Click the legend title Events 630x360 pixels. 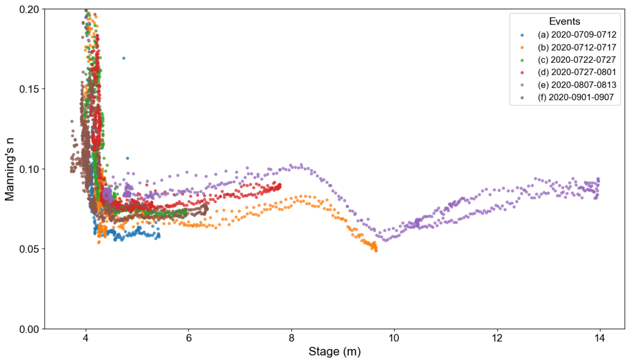pos(564,21)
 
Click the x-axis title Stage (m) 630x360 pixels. pos(334,352)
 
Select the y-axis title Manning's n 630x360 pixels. pos(9,169)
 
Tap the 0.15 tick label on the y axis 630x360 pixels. pos(29,89)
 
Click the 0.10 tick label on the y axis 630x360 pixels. pos(29,169)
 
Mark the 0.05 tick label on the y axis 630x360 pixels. pos(29,249)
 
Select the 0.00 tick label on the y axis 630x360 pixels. pos(29,329)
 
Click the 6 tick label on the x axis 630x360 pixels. pos(189,338)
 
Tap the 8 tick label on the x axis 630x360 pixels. pos(291,338)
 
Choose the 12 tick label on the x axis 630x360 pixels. pos(497,338)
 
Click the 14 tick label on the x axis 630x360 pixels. pos(600,338)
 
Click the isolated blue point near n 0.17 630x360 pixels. pos(124,58)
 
